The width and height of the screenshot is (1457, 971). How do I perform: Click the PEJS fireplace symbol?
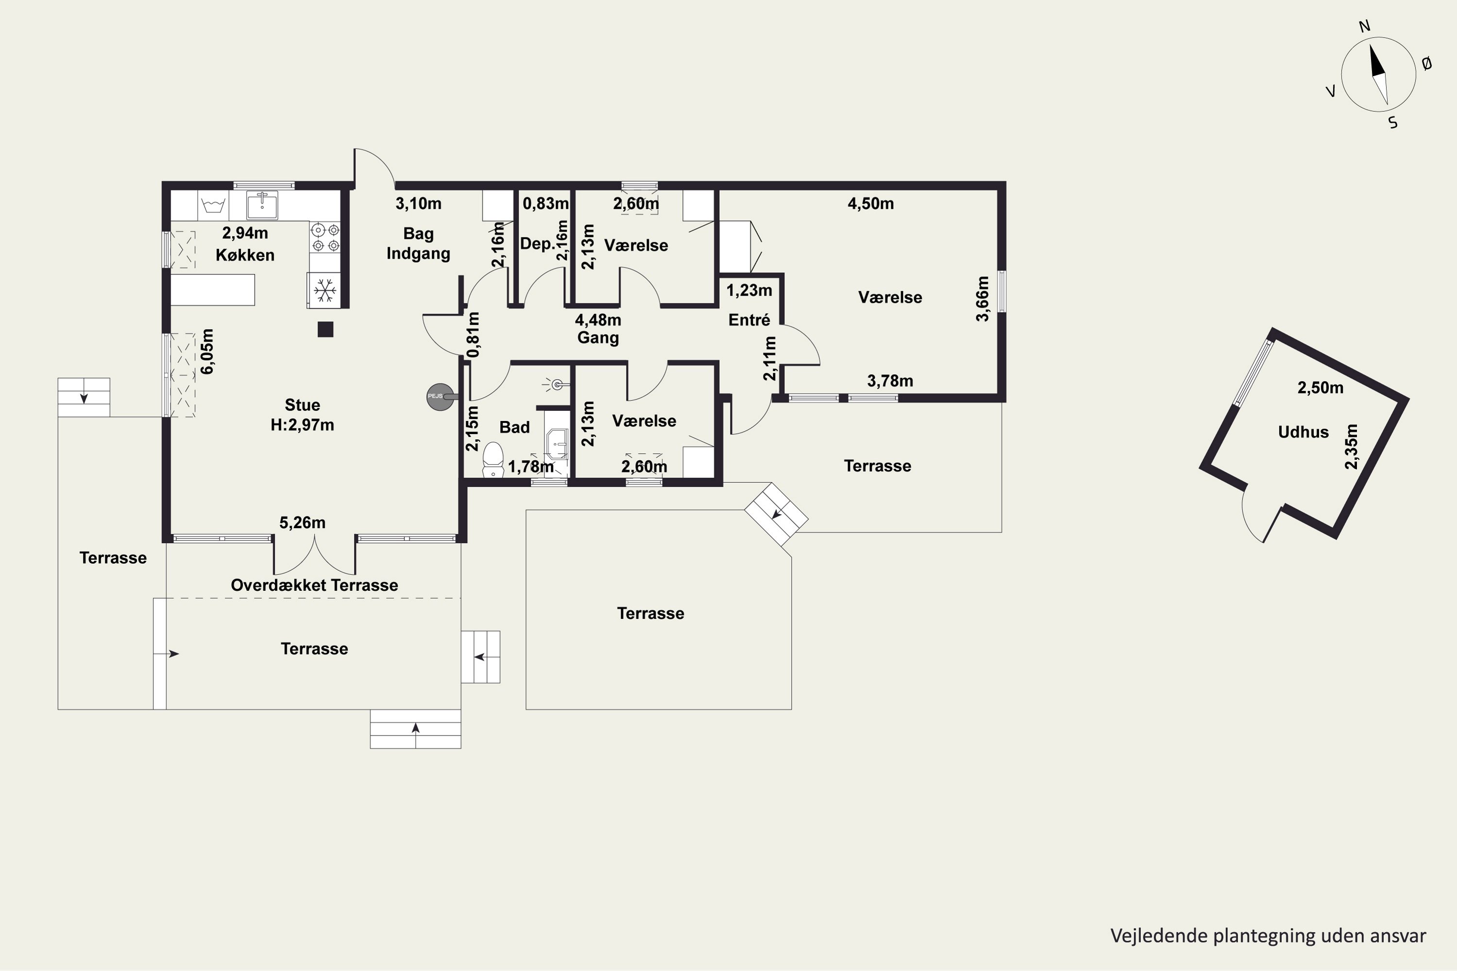pos(441,396)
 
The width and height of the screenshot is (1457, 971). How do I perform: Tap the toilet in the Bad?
pos(493,459)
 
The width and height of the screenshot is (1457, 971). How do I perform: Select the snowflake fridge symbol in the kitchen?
pos(324,290)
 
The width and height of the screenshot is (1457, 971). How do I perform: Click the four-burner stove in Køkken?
pos(325,237)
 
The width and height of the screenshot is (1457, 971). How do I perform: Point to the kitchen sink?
pos(263,205)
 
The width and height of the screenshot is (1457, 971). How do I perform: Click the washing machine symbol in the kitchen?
pos(213,205)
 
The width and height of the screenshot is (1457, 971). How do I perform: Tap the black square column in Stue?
pos(325,330)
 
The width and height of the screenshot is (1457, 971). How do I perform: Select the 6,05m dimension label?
pos(207,351)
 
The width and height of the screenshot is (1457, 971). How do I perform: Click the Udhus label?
pos(1304,432)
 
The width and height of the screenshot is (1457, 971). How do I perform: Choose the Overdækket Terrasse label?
pos(314,585)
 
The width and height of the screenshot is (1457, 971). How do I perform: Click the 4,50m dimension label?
pos(870,204)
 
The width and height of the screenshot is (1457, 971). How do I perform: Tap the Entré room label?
pos(749,319)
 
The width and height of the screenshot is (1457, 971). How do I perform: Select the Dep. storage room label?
pos(537,244)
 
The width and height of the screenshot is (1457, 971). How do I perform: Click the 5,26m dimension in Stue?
pos(302,523)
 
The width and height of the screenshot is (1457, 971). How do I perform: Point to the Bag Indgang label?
pos(418,243)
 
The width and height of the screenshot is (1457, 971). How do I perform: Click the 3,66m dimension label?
pos(983,299)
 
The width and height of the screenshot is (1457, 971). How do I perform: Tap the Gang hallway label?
pos(598,337)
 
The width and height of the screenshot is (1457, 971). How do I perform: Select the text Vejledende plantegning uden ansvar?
pos(1268,936)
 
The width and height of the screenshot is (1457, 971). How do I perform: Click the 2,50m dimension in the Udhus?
pos(1321,387)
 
